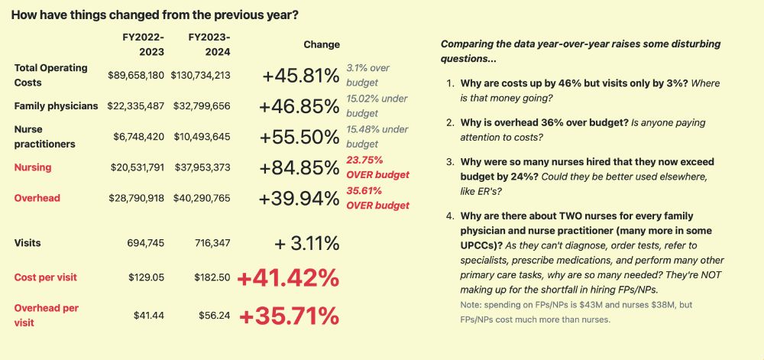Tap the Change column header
tap(321, 45)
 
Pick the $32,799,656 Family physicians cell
tap(200, 106)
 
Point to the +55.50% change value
tap(299, 137)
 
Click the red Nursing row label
tap(33, 167)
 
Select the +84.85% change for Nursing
tap(299, 167)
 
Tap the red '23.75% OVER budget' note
tap(377, 167)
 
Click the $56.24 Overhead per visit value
tap(214, 315)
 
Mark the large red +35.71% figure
tap(289, 315)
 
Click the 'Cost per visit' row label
tap(45, 277)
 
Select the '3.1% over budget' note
tap(368, 75)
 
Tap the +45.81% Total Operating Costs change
tap(299, 76)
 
